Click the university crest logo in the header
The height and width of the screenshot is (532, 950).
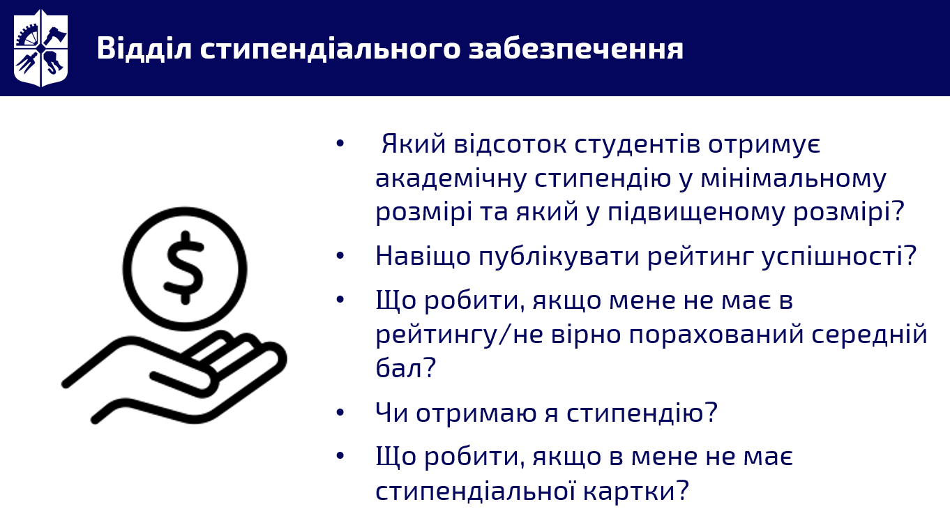[40, 48]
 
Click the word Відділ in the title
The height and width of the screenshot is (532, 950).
[144, 48]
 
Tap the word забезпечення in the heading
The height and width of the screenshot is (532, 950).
[576, 48]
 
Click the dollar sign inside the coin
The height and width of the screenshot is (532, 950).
[184, 268]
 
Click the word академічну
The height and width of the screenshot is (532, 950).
[451, 178]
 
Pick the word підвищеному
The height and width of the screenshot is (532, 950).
[696, 213]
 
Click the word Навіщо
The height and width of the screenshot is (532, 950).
[423, 257]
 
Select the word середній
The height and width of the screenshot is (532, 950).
[869, 334]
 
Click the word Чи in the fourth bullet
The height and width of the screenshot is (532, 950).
[391, 412]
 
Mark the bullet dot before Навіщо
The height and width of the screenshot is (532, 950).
[340, 255]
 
